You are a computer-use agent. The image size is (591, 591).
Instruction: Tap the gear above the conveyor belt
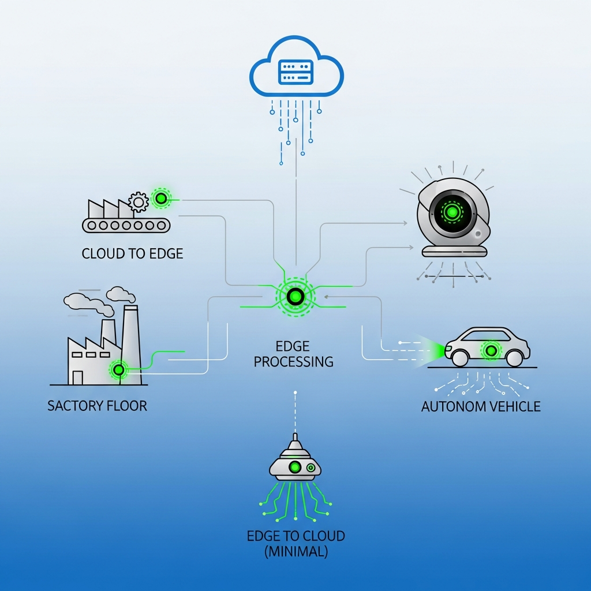[x=138, y=202]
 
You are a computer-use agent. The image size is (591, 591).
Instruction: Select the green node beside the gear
[x=161, y=199]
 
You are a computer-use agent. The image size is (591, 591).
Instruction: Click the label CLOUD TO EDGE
[x=132, y=253]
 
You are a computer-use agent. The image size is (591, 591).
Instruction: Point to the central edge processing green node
[x=295, y=297]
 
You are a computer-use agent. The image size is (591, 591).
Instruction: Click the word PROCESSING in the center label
[x=294, y=362]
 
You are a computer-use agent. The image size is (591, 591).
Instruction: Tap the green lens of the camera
[x=452, y=212]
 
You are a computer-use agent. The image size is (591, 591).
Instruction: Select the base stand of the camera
[x=455, y=251]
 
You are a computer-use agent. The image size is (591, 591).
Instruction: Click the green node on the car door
[x=491, y=350]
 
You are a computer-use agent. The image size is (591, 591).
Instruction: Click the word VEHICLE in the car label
[x=511, y=406]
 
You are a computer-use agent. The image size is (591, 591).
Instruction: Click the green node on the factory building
[x=119, y=369]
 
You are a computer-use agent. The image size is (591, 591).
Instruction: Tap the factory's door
[x=77, y=377]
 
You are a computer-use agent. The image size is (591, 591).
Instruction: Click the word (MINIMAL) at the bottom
[x=296, y=551]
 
